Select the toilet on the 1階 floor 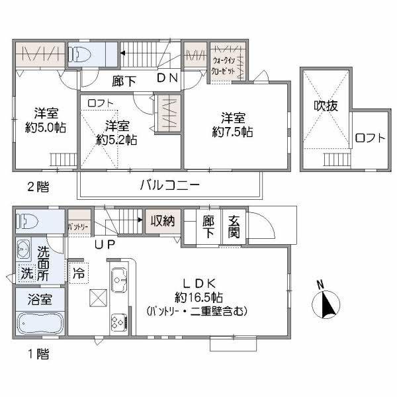point(30,221)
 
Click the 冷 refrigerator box point(78,271)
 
